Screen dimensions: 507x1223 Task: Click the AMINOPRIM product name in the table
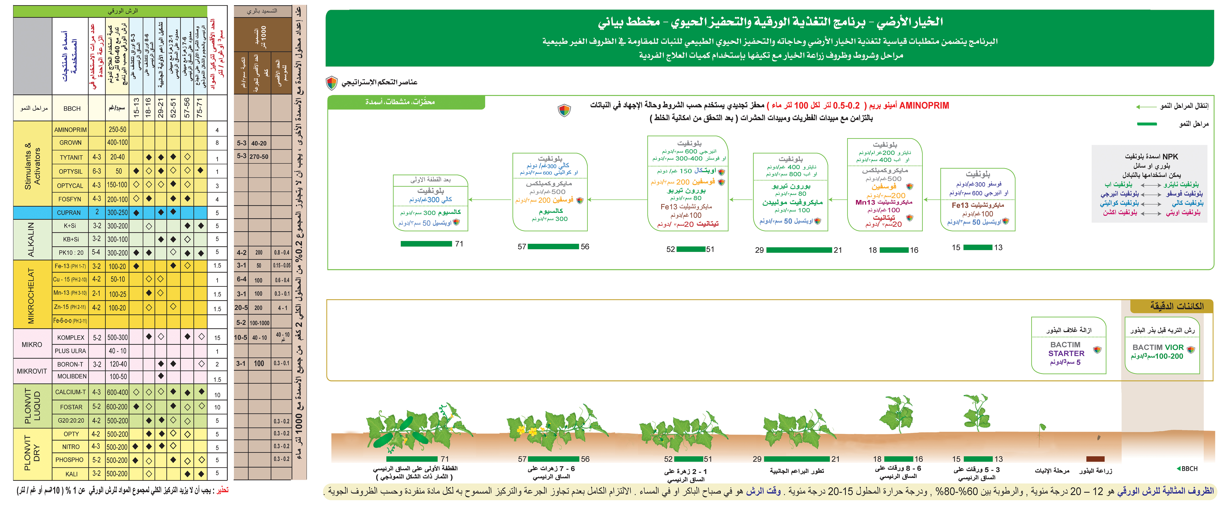pos(70,130)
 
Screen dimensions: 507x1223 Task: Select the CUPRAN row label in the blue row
pos(69,213)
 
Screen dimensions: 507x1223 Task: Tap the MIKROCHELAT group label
pos(31,295)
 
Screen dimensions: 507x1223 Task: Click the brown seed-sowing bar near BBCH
pos(1095,459)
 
